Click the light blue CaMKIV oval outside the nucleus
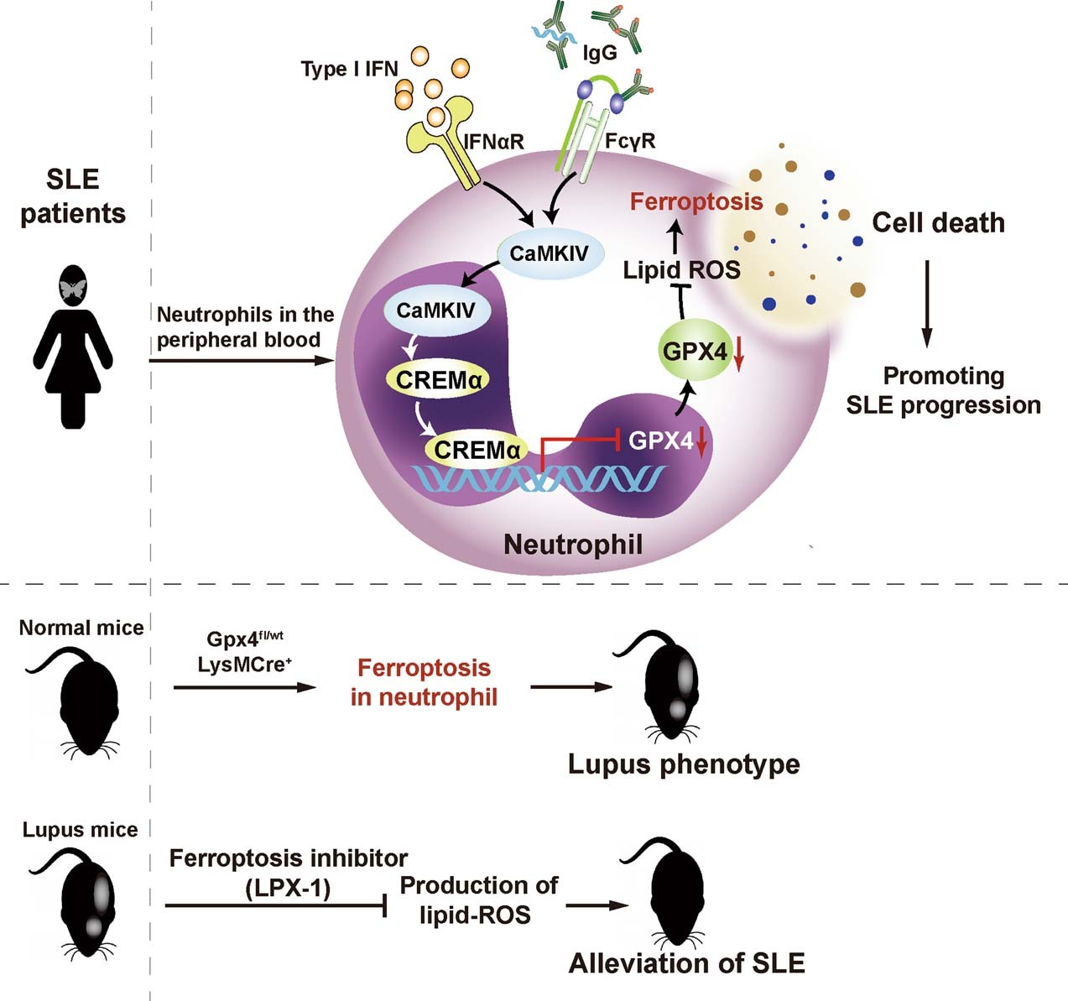(549, 253)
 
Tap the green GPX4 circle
(695, 351)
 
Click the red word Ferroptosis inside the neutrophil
(696, 201)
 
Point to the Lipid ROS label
(681, 269)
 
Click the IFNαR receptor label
(494, 142)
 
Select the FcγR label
(630, 141)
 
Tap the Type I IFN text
(349, 69)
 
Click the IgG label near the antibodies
(599, 53)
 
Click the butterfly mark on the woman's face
(73, 289)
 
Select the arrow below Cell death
(926, 303)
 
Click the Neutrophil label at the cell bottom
(573, 545)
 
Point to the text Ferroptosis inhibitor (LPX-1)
(288, 873)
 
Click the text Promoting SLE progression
(943, 390)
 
